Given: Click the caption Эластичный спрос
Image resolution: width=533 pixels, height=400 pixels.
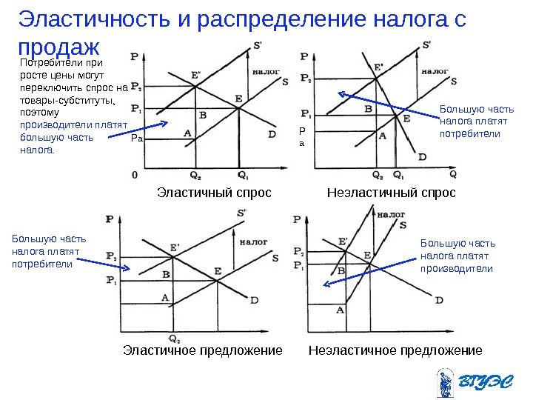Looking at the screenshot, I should (215, 193).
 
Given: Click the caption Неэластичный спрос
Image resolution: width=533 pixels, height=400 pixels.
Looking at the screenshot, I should (392, 193).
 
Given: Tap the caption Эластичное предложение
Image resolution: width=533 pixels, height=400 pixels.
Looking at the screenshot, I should (202, 350).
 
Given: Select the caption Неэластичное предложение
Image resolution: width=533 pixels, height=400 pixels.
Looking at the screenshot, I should (395, 350).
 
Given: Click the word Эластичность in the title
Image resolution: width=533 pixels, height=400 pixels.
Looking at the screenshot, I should (94, 20).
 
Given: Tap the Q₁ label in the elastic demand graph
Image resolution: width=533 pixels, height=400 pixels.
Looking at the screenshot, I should (242, 176).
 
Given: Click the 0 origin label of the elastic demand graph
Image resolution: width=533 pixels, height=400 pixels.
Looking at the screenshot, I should (135, 175).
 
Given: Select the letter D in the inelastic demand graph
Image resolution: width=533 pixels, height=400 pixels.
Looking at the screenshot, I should (422, 156).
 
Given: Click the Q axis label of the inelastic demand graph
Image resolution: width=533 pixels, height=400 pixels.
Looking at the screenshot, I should (452, 176).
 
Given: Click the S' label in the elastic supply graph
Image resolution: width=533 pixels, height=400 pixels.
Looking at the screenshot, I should (241, 213).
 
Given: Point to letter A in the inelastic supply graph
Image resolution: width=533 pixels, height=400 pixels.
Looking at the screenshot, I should (341, 310).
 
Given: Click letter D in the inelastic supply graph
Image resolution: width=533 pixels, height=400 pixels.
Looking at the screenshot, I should (439, 300).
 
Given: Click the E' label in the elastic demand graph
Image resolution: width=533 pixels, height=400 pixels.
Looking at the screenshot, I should (195, 75).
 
